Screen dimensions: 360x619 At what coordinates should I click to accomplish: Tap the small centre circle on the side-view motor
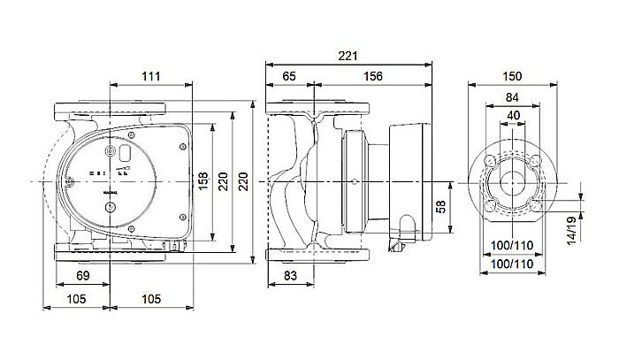[x=352, y=181]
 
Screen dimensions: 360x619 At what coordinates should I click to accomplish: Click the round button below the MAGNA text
[x=110, y=209]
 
